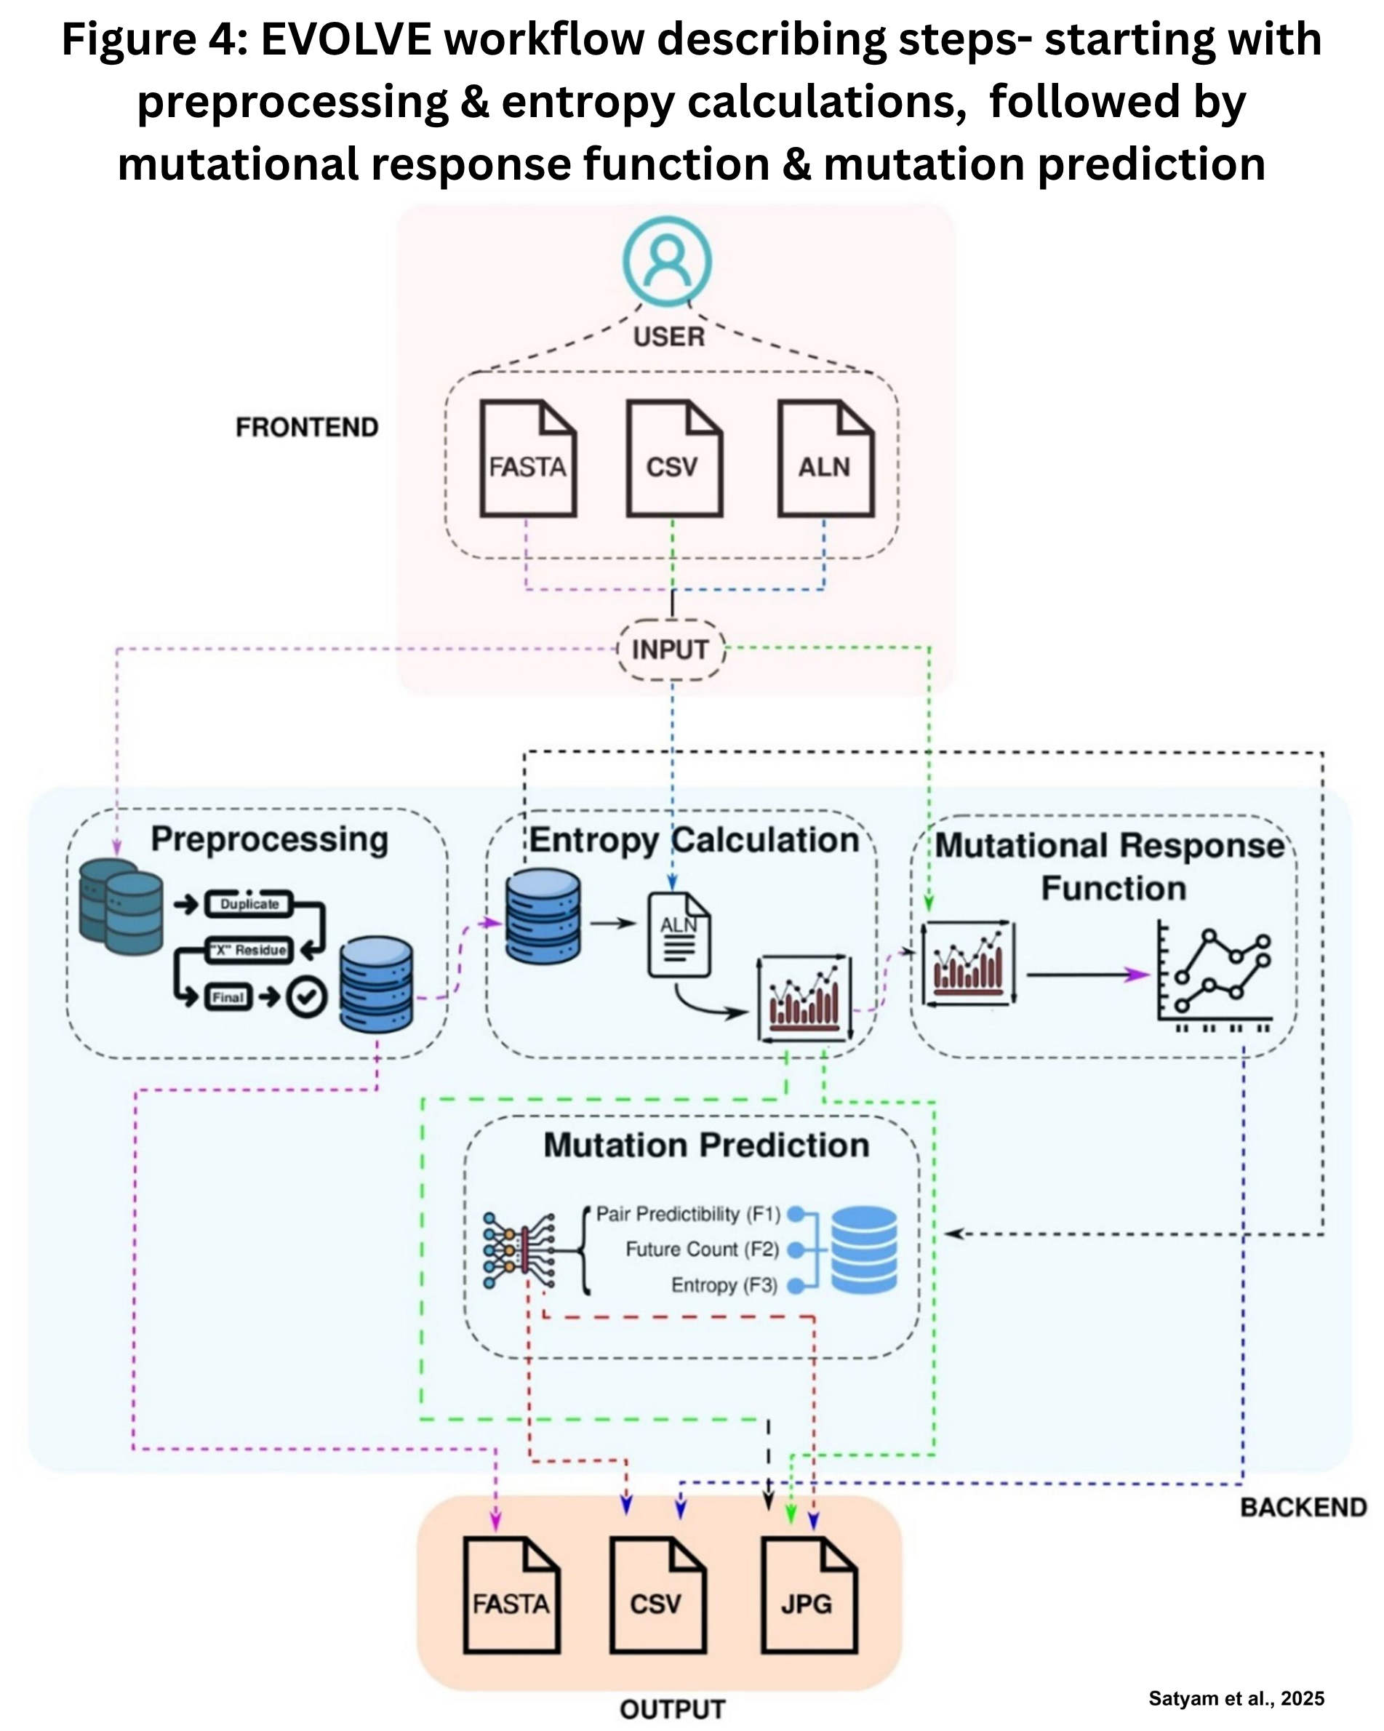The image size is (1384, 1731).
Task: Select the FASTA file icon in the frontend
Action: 527,457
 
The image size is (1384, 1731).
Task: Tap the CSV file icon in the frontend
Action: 674,457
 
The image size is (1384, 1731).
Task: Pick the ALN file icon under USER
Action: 826,457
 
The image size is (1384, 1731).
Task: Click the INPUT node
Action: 671,649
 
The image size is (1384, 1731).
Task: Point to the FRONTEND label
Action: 307,427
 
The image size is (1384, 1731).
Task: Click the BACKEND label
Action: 1304,1507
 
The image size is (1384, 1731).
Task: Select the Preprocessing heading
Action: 270,840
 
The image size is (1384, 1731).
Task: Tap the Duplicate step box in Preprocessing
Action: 249,904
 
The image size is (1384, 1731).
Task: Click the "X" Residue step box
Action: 249,950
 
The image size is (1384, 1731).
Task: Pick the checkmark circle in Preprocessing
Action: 307,997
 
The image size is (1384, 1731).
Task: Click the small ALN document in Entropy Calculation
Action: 679,935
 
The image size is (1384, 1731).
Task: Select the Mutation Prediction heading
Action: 706,1145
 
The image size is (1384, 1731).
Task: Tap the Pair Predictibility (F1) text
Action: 688,1214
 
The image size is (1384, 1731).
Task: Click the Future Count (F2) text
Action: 703,1250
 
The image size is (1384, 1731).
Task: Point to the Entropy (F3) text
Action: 724,1285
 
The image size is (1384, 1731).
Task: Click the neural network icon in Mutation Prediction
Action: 519,1251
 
